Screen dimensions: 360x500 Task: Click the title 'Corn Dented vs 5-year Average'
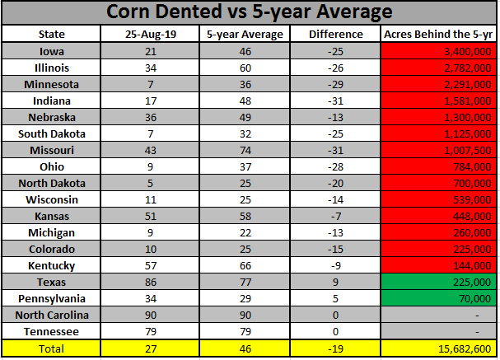point(250,13)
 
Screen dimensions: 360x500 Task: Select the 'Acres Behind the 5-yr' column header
point(438,35)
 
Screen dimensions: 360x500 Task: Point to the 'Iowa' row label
point(51,51)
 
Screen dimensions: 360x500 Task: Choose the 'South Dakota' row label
point(51,134)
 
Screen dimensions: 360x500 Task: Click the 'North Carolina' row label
point(51,315)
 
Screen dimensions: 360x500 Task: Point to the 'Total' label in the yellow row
point(51,348)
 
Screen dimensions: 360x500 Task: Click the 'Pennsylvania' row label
point(51,298)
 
